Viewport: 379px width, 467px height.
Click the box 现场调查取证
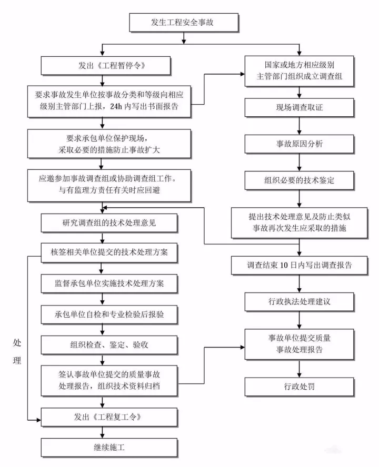(x=300, y=107)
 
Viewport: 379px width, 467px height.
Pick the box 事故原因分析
(x=300, y=144)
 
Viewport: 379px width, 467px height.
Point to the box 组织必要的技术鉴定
(x=300, y=180)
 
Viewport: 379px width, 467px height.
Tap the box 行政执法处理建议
(x=300, y=302)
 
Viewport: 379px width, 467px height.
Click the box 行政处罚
(x=300, y=387)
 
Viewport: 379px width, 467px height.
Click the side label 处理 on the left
(x=17, y=351)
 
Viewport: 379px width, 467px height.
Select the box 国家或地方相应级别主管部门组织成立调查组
(x=300, y=70)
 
